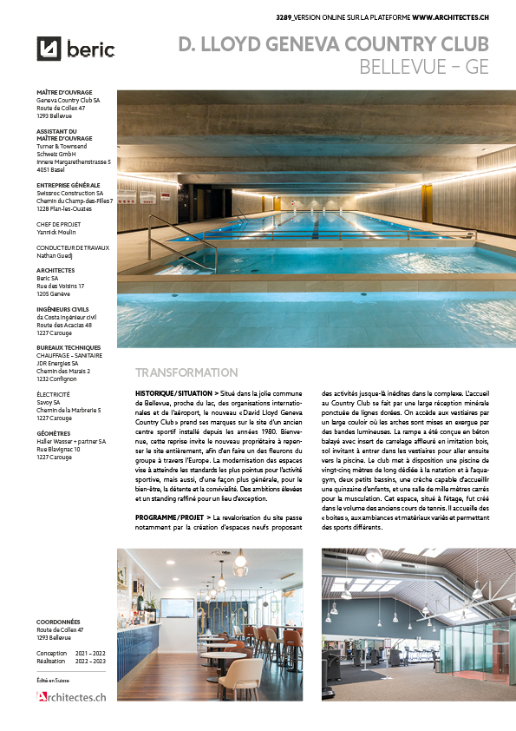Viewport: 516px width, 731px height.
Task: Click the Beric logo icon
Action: (49, 49)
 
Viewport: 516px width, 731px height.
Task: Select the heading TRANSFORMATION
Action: (186, 372)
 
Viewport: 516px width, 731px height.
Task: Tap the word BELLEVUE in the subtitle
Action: (405, 67)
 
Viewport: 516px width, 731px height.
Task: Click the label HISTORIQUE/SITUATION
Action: (170, 393)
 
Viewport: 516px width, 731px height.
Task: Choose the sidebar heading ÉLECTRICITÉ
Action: (55, 394)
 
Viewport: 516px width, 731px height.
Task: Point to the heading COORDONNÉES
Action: (59, 622)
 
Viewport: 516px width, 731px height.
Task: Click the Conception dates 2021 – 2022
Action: (95, 652)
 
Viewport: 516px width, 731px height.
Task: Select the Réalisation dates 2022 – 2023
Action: (95, 660)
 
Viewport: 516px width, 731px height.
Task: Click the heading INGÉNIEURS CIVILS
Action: (62, 308)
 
